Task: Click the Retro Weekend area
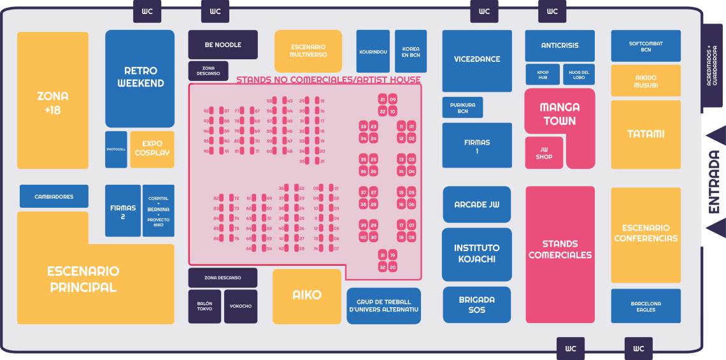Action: [140, 77]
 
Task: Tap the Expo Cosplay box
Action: [152, 148]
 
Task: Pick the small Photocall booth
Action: [116, 150]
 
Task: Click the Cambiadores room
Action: [53, 196]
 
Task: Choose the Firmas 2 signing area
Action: [123, 212]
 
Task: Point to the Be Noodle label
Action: [223, 45]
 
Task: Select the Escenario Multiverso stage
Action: [308, 51]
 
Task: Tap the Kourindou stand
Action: [373, 52]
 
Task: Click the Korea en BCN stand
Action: [411, 52]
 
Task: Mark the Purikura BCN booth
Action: [462, 107]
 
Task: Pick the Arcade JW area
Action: [477, 205]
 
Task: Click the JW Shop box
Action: [544, 153]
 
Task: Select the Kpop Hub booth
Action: [543, 75]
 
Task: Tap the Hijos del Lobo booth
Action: [578, 75]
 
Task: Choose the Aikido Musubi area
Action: [646, 81]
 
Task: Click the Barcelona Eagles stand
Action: [646, 306]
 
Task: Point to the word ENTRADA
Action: [714, 182]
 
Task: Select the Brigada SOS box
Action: [477, 305]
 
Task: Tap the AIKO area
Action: [307, 296]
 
